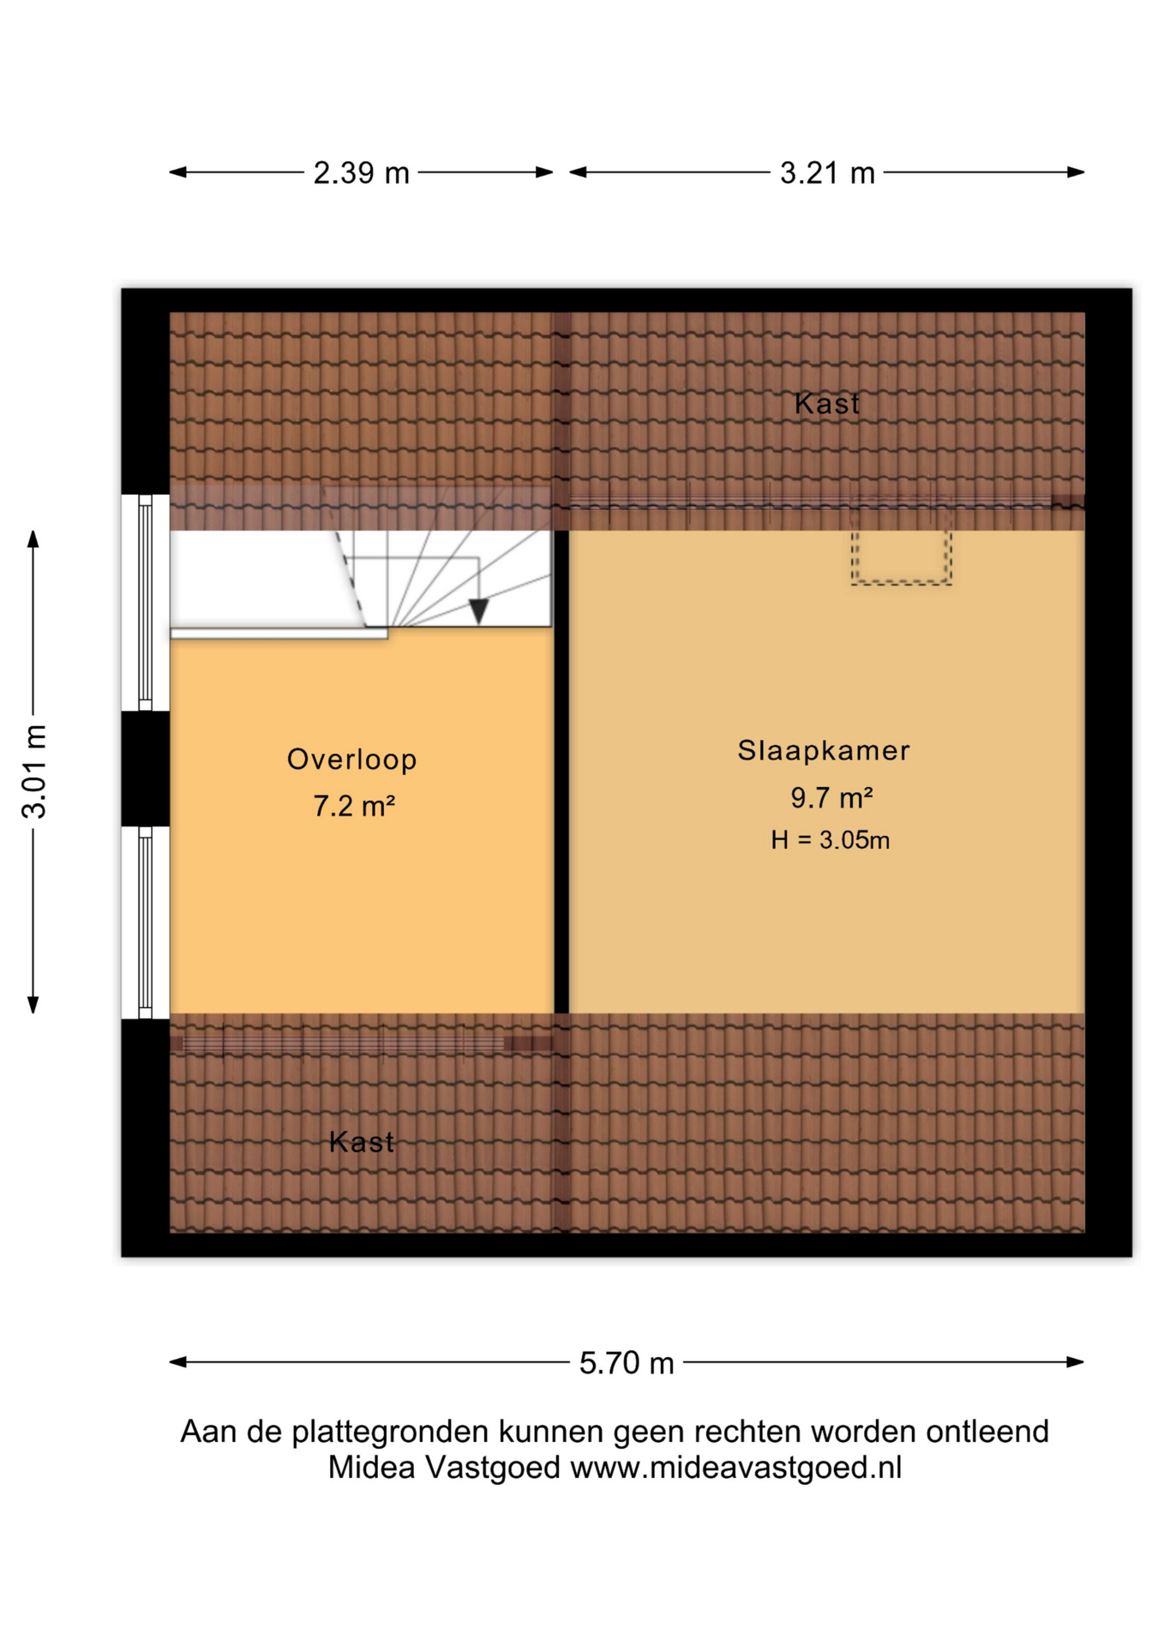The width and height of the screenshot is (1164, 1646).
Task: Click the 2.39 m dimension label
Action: pos(361,173)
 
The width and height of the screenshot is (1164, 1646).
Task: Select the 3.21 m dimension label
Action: pos(827,173)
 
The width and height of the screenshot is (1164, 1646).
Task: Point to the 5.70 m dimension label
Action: pos(627,1362)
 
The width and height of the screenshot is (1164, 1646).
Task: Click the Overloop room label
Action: pos(352,760)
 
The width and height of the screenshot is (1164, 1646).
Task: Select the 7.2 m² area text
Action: pos(354,806)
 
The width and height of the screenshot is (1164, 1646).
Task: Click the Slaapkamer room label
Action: pos(824,750)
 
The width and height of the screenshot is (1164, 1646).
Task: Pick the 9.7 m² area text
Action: pos(831,797)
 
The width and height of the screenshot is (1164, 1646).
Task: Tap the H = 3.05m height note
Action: pos(830,839)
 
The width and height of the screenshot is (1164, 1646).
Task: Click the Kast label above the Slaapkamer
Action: pos(826,403)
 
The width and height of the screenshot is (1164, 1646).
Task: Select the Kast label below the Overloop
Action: pos(361,1141)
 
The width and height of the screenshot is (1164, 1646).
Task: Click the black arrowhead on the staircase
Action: pos(478,610)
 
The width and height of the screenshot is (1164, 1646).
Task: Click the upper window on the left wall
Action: pos(145,603)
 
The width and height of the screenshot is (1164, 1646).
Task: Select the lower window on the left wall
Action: pos(145,922)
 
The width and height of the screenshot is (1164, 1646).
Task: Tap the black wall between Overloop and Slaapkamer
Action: pos(561,772)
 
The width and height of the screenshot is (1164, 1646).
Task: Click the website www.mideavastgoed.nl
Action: pos(736,1468)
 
